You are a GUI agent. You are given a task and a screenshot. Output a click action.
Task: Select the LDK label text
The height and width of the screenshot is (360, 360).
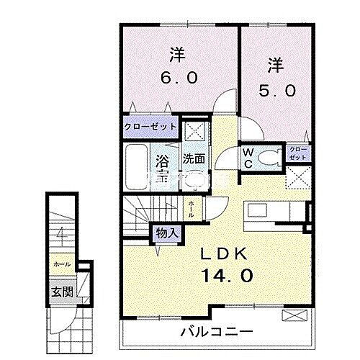pos(225,253)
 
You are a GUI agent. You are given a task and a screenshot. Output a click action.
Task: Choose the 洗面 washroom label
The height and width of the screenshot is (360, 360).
pos(193,158)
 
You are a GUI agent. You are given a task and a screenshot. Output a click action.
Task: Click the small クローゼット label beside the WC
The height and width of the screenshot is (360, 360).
pos(297,152)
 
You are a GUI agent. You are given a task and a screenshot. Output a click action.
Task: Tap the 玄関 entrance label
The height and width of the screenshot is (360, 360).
pos(59,292)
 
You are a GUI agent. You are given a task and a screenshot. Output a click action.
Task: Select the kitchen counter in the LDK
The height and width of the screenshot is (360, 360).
pos(274,213)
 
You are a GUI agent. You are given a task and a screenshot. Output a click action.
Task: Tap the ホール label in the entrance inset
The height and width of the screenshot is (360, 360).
pos(61,264)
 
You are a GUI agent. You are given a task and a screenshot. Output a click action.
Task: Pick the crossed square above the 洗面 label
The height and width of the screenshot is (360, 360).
pos(193,132)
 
